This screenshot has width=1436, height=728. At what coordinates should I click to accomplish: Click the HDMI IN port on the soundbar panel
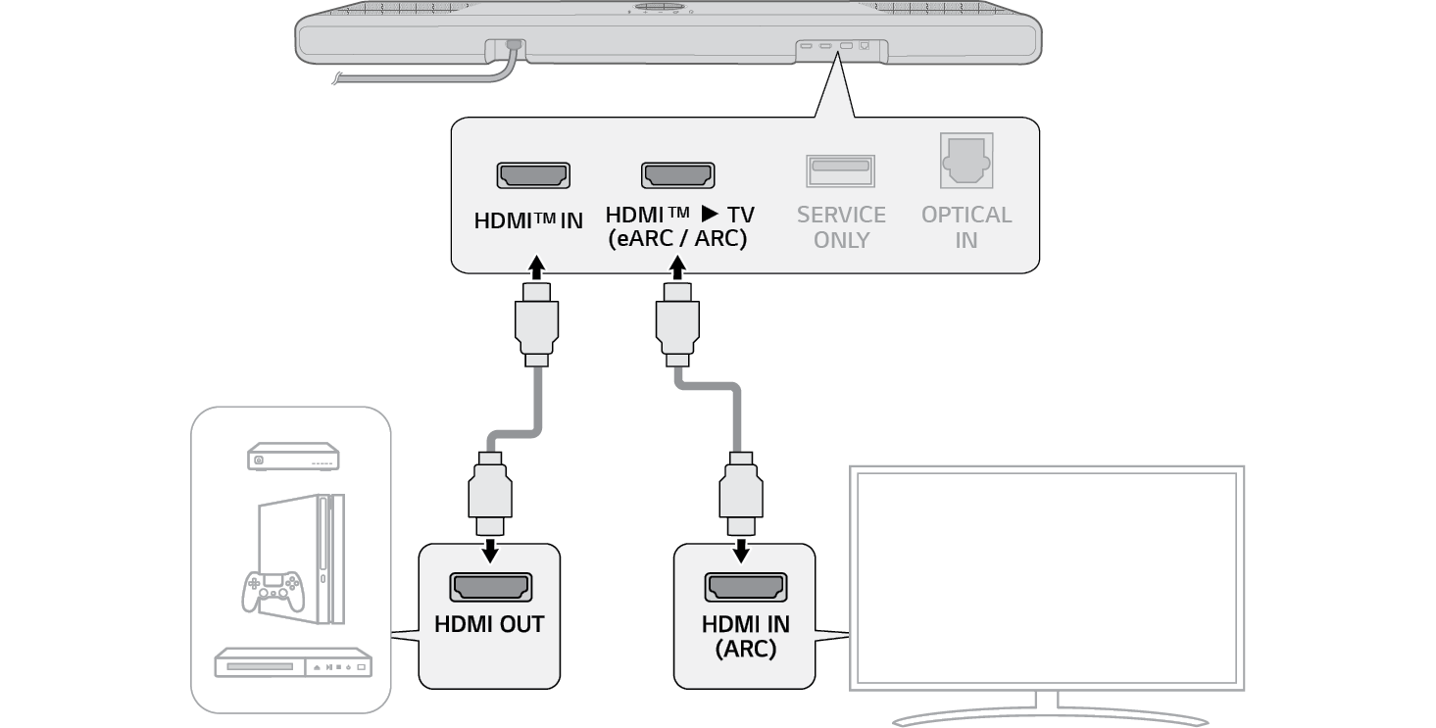[534, 176]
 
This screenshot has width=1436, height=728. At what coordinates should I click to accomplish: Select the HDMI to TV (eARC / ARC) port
[677, 176]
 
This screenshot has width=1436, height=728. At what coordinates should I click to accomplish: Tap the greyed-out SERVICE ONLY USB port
[840, 170]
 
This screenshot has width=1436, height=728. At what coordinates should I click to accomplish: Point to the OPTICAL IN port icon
[967, 161]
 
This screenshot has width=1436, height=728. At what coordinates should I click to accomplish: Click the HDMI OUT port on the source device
[490, 588]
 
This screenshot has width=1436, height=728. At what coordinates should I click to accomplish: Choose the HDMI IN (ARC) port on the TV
[745, 588]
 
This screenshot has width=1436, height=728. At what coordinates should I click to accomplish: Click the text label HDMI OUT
[489, 625]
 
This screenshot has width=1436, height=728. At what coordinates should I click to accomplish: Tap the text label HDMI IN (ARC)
[745, 636]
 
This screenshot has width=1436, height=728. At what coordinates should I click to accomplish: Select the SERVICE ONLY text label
[841, 226]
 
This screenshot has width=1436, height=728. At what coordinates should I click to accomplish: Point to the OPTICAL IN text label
[966, 226]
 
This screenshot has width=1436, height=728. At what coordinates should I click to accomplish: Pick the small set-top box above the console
[292, 457]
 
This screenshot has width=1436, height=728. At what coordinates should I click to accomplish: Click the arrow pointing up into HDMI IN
[535, 267]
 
